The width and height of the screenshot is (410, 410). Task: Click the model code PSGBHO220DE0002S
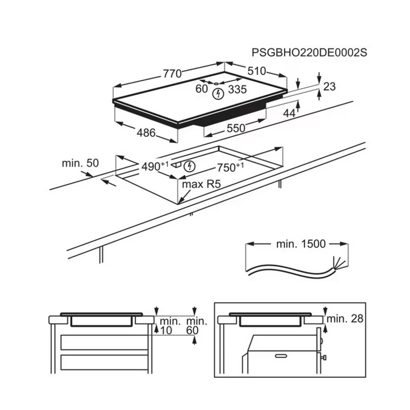[310, 53]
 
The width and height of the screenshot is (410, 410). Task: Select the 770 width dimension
[172, 73]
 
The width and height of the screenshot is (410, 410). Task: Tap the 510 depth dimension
[257, 71]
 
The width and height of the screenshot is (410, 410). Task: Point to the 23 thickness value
[330, 87]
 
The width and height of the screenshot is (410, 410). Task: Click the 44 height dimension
[290, 113]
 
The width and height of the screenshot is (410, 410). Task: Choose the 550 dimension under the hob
[236, 129]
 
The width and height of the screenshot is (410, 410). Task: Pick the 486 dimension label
[146, 133]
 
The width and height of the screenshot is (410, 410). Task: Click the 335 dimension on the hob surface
[237, 89]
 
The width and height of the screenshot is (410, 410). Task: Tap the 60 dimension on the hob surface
[201, 89]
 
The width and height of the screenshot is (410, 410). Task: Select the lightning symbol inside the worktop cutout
[190, 166]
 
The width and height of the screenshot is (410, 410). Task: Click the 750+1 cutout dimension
[230, 168]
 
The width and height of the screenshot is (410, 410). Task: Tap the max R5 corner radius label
[201, 184]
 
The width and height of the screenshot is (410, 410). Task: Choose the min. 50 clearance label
[80, 163]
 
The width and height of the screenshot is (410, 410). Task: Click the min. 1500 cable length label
[301, 244]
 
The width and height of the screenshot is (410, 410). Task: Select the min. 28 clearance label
[345, 318]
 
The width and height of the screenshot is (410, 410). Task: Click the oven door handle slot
[281, 356]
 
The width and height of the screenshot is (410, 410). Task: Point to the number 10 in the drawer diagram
[166, 331]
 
